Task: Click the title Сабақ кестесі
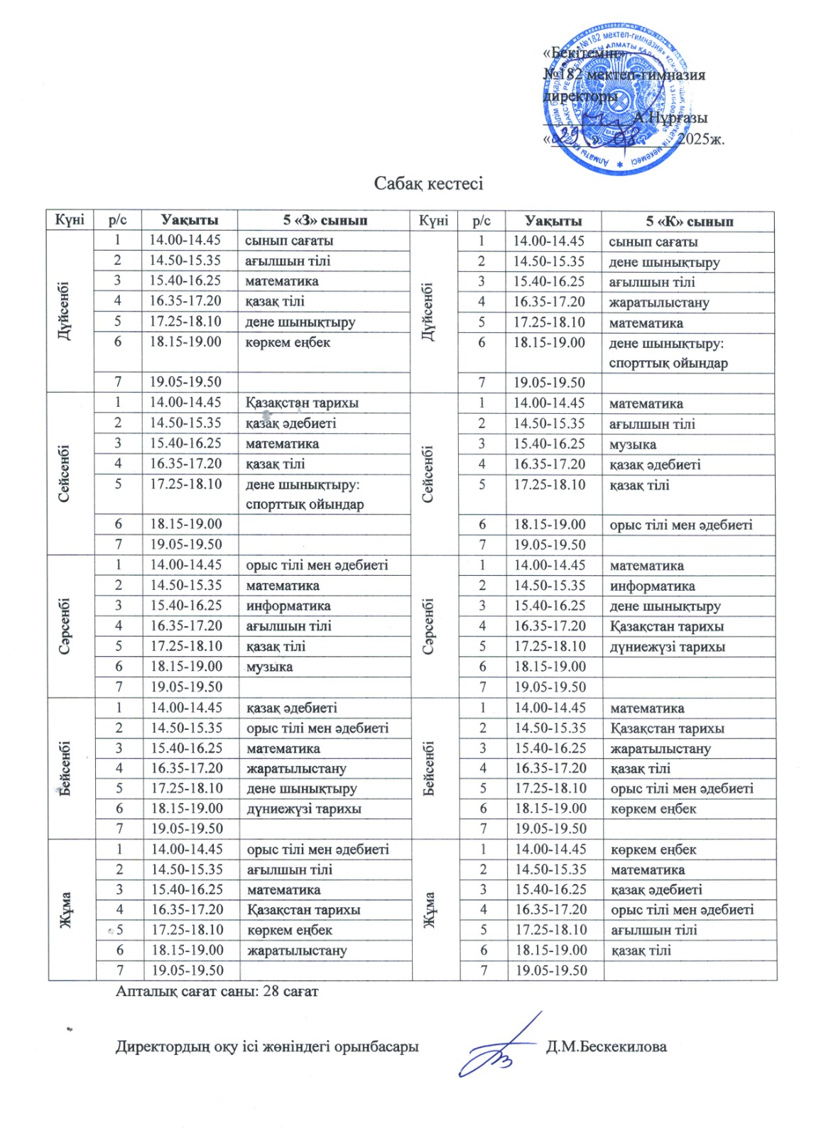coord(428,184)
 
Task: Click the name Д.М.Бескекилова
coord(606,1047)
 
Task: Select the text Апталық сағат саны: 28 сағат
coord(217,990)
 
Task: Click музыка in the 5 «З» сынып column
coord(269,667)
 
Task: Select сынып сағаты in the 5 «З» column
coord(289,241)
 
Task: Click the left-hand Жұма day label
coord(65,910)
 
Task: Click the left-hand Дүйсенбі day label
coord(65,312)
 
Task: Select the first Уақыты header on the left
coord(189,220)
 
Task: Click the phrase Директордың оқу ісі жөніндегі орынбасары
coord(267,1047)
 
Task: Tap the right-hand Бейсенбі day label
coord(429,769)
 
